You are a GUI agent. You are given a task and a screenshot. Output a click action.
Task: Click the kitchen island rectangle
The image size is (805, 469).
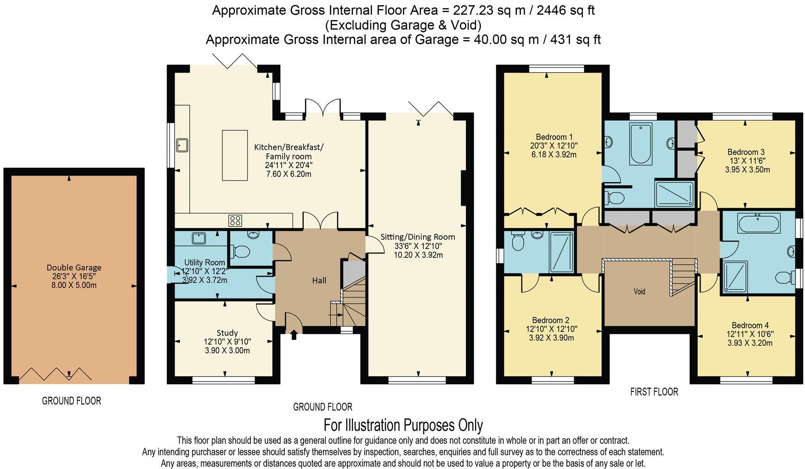(x=235, y=155)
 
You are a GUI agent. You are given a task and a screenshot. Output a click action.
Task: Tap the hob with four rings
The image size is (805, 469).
(x=235, y=221)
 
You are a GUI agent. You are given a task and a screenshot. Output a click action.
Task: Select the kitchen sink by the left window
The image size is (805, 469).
(x=183, y=145)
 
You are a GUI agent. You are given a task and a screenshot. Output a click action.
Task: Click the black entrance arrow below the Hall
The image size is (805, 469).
(x=294, y=335)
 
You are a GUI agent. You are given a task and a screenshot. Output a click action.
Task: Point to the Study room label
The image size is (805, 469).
(x=227, y=333)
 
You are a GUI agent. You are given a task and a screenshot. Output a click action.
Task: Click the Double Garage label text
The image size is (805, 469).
(x=74, y=267)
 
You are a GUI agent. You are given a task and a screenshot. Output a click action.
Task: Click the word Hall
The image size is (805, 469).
(x=319, y=280)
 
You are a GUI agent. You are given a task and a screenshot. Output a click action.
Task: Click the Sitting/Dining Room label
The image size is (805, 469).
(x=417, y=237)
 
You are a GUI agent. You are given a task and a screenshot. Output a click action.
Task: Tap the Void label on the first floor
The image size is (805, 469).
(x=639, y=291)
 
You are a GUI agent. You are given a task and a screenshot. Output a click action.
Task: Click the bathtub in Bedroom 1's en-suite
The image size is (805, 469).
(x=641, y=143)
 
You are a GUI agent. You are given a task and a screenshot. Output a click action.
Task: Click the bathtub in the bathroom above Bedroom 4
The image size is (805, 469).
(x=759, y=224)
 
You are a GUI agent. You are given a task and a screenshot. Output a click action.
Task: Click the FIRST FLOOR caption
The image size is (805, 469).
(x=654, y=392)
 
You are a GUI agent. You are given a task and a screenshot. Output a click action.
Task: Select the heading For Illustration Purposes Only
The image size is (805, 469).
(x=403, y=425)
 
